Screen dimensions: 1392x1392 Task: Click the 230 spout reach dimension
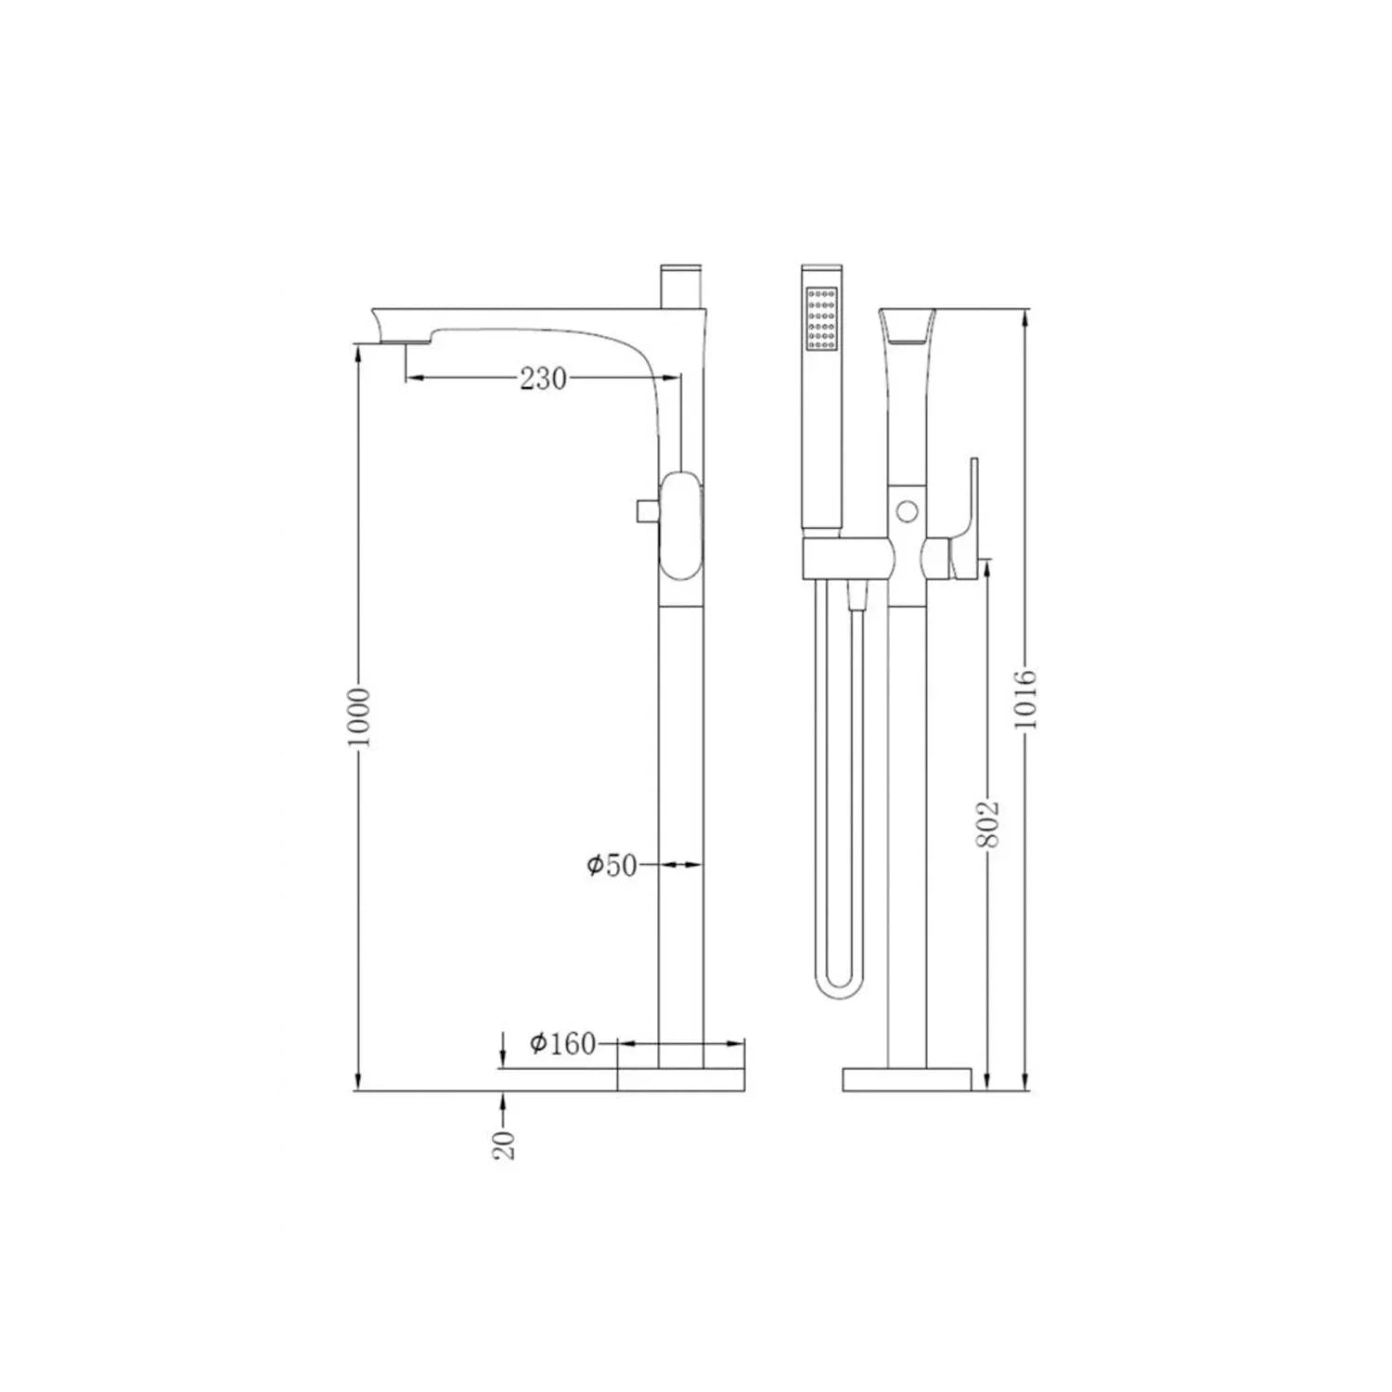543,379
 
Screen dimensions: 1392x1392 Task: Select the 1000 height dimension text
363,716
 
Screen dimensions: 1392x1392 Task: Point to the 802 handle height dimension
989,822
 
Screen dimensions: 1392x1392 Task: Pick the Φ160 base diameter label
562,1044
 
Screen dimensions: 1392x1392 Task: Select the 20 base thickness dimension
504,1145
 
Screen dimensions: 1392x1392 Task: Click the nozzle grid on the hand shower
822,317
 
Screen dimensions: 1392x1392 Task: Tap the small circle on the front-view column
908,510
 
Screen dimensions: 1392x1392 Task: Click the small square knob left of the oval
646,510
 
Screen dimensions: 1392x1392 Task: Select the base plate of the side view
681,1079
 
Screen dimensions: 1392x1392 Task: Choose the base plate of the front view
907,1079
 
